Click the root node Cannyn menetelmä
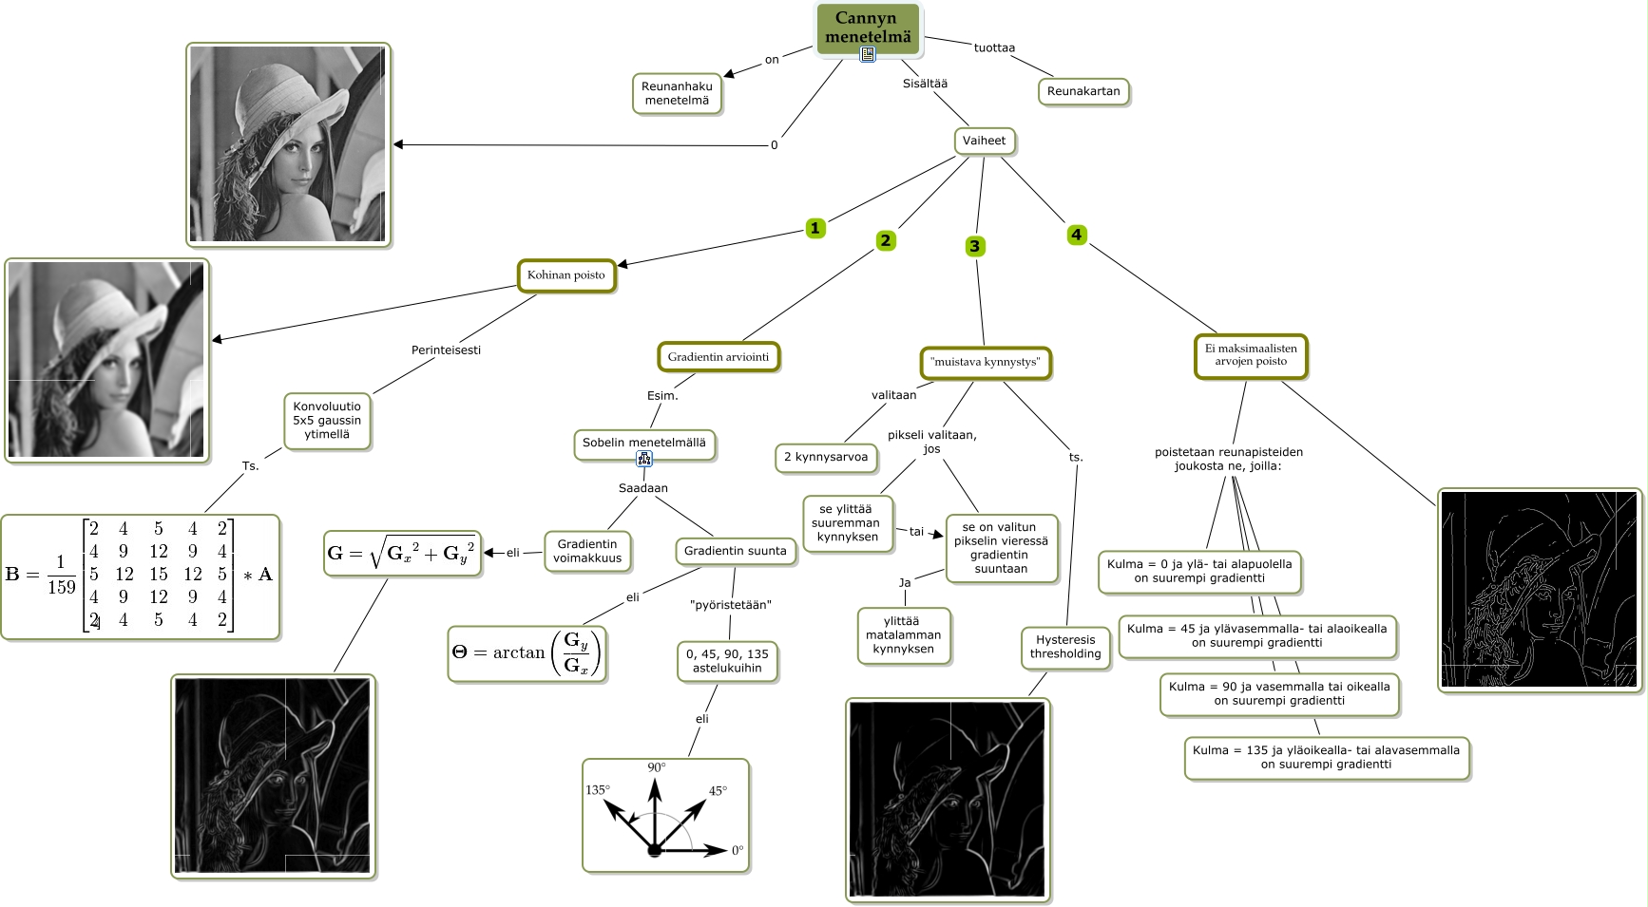(x=868, y=28)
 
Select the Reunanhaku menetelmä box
(x=677, y=93)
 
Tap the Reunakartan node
(x=1083, y=91)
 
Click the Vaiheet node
(x=984, y=141)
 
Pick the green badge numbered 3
(x=974, y=246)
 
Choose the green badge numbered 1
(x=814, y=228)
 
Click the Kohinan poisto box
(x=566, y=275)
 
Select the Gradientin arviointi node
(x=719, y=357)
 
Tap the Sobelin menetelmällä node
(x=644, y=443)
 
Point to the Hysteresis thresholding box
(x=1065, y=647)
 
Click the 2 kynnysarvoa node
(x=826, y=457)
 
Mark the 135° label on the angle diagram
(x=598, y=790)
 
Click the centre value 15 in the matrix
(x=158, y=575)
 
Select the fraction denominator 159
(x=61, y=588)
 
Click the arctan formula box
(x=526, y=652)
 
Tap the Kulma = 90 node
(x=1279, y=693)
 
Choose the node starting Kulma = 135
(x=1326, y=757)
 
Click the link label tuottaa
(x=994, y=47)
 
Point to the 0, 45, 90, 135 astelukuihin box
(x=728, y=660)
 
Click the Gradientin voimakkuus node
(x=587, y=551)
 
